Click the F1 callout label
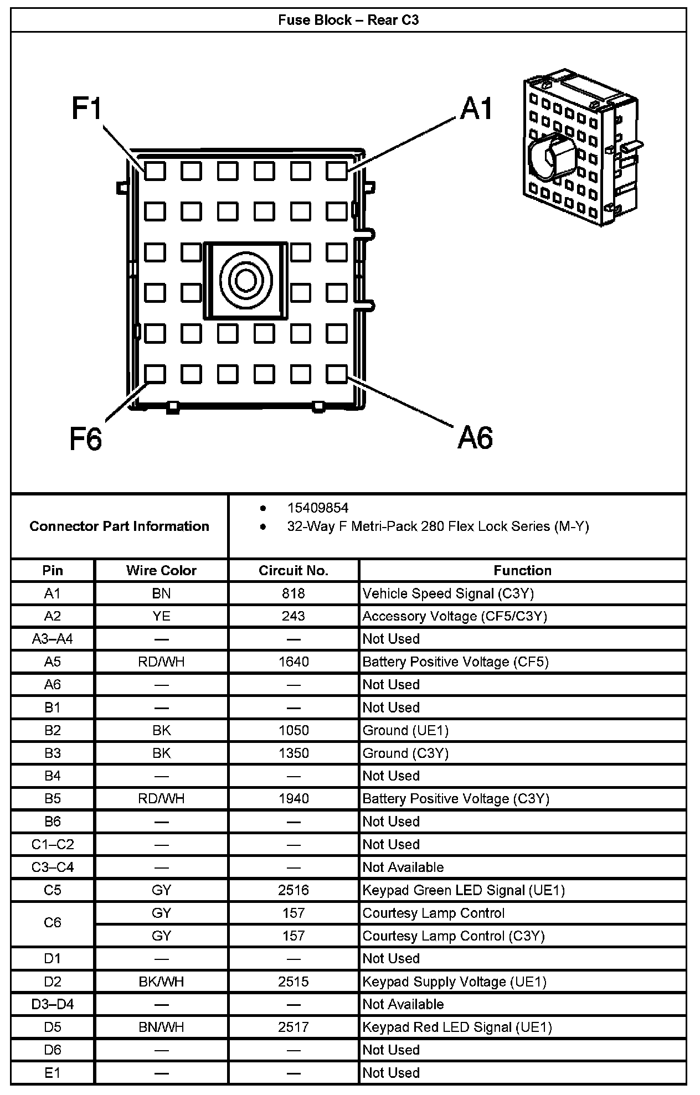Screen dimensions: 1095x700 pos(87,109)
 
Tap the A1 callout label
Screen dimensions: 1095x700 pos(476,109)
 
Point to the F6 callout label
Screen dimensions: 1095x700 pos(86,439)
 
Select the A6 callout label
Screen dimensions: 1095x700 pos(475,438)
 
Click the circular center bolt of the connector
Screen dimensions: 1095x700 pos(246,280)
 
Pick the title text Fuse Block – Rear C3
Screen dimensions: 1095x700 pos(348,20)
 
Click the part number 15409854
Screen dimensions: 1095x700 pos(317,508)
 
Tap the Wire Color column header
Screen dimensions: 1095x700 pos(161,571)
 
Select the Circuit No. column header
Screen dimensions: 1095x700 pos(294,571)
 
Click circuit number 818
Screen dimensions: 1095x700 pos(294,593)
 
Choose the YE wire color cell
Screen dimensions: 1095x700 pos(161,616)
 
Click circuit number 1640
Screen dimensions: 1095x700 pos(294,662)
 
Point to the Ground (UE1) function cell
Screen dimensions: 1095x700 pos(405,730)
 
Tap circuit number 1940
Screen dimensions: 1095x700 pos(294,798)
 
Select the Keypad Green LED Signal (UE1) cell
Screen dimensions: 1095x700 pos(464,890)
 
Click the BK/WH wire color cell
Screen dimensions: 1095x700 pos(161,982)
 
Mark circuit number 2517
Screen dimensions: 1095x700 pos(294,1027)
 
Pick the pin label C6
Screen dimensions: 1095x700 pos(53,922)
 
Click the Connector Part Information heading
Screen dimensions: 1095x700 pos(119,526)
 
